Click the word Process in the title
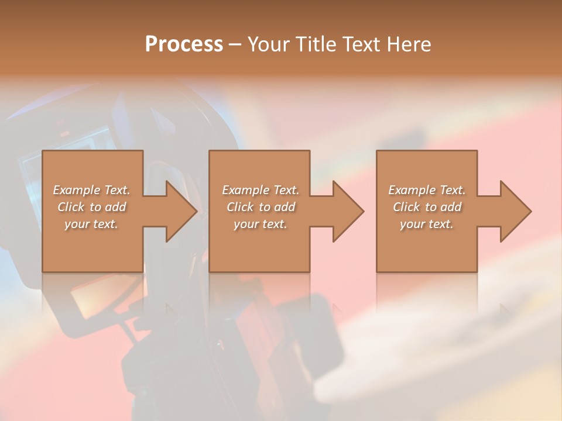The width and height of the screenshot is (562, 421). point(184,44)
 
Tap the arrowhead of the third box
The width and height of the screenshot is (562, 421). point(515,211)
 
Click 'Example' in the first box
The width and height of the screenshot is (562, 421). point(77,190)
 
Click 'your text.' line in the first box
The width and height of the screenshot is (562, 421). point(91,224)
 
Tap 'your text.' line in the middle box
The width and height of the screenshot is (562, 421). point(261,224)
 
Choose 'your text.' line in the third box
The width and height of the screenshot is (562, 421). point(427,224)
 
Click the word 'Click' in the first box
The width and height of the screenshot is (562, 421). point(70,207)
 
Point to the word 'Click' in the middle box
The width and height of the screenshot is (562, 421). point(239,207)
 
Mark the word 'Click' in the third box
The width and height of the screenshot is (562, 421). point(406,207)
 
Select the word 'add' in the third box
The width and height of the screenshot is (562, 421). point(450,207)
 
